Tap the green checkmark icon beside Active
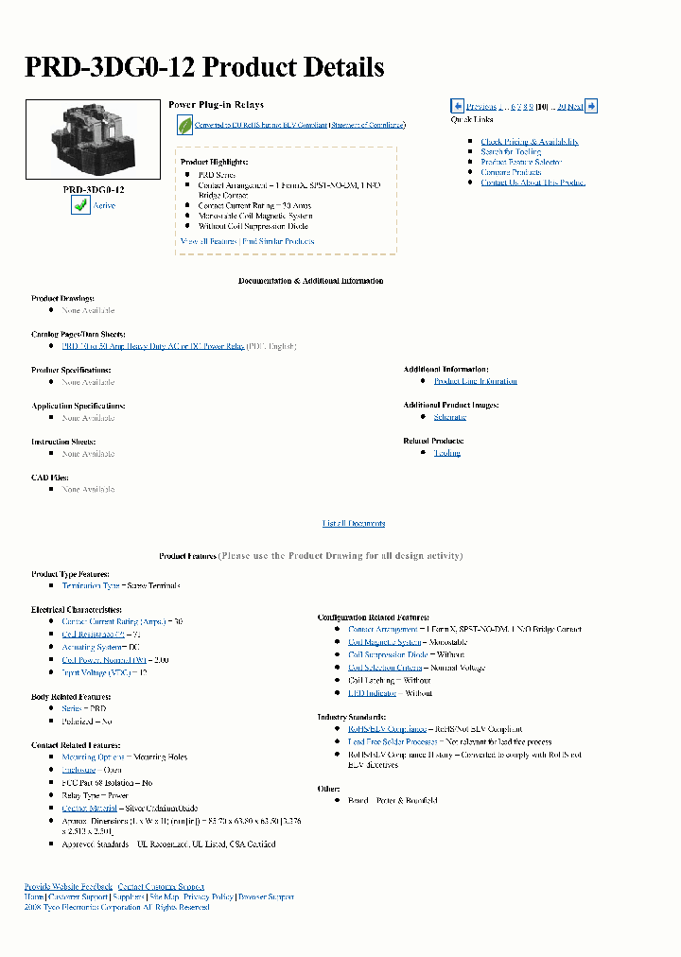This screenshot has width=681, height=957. pyautogui.click(x=79, y=204)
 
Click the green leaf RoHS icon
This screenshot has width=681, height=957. pyautogui.click(x=184, y=125)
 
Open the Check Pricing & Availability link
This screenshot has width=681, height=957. pyautogui.click(x=529, y=142)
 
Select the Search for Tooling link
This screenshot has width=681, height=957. pyautogui.click(x=510, y=152)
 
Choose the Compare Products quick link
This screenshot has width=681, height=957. pyautogui.click(x=511, y=172)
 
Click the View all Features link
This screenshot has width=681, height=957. pyautogui.click(x=208, y=241)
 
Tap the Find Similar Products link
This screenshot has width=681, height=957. pyautogui.click(x=279, y=241)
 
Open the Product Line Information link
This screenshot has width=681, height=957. pyautogui.click(x=475, y=381)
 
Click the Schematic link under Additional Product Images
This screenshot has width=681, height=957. pyautogui.click(x=449, y=417)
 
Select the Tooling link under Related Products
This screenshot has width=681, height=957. pyautogui.click(x=446, y=453)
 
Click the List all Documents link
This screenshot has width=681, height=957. pyautogui.click(x=354, y=523)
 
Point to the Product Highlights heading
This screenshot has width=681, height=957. pyautogui.click(x=215, y=162)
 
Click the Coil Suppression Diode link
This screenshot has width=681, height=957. pyautogui.click(x=388, y=654)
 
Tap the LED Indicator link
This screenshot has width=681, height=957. pyautogui.click(x=371, y=693)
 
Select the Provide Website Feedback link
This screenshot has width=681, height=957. pyautogui.click(x=68, y=886)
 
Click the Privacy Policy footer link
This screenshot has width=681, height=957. pyautogui.click(x=208, y=896)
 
